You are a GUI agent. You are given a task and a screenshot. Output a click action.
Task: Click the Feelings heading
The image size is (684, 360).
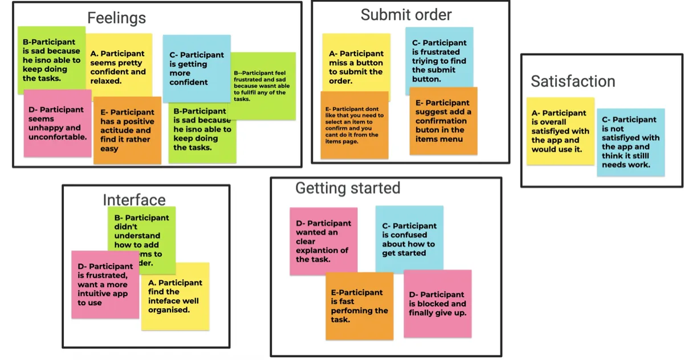pos(116,18)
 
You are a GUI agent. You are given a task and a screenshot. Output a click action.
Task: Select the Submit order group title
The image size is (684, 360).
pos(406,15)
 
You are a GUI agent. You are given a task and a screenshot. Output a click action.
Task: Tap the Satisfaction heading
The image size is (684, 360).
pos(573,81)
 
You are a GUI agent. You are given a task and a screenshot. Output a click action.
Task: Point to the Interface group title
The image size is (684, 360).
pos(134,200)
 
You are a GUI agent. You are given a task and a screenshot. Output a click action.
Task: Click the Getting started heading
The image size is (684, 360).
pos(348,188)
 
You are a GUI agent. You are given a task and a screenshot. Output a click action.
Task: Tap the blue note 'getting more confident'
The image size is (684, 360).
pos(196,68)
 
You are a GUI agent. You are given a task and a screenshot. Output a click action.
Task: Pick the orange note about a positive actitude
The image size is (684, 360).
pos(127,131)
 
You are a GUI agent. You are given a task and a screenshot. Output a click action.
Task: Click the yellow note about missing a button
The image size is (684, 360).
pos(356,67)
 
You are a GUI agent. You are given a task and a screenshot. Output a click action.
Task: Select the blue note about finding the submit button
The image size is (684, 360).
pos(439,61)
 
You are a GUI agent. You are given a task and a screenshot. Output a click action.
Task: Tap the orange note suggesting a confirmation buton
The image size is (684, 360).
pos(443,121)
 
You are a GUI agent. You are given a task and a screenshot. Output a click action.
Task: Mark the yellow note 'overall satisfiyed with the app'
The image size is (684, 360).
pos(560,131)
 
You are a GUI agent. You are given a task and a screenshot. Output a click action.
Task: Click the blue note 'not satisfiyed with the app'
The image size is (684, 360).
pos(630,142)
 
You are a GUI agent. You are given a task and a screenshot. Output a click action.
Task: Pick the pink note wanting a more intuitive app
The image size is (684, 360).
pos(104,285)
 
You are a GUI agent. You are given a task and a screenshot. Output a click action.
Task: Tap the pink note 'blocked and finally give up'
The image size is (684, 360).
pos(438,304)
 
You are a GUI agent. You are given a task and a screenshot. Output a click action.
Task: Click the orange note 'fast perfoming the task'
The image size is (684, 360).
pos(359,306)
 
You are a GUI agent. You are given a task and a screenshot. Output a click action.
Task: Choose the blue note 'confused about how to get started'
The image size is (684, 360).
pos(409,239)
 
